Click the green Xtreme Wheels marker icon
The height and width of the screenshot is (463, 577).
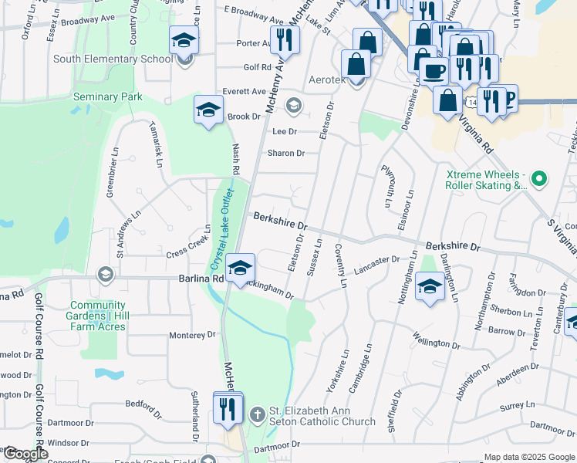(539, 180)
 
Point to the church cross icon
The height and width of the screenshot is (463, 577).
(258, 415)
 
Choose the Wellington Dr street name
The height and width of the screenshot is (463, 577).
(435, 339)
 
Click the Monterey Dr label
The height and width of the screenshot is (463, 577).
(192, 335)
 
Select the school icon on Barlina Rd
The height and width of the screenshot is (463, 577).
(241, 269)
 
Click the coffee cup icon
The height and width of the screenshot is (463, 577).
(434, 72)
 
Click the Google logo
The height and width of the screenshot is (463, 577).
(25, 455)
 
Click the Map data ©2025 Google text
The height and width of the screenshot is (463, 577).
(529, 457)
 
